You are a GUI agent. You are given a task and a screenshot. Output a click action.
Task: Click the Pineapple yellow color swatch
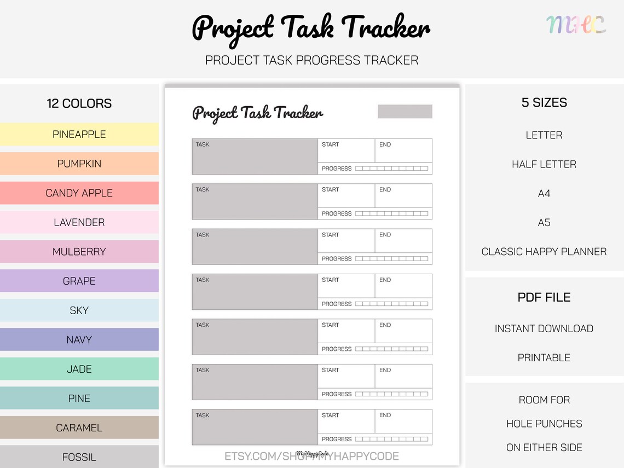click(79, 134)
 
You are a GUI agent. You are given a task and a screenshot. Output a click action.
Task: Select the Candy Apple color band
click(79, 193)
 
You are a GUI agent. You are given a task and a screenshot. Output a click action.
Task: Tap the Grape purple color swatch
click(79, 281)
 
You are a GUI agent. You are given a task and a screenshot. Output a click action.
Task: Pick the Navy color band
click(79, 339)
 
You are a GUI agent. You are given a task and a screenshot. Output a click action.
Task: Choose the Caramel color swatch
click(79, 427)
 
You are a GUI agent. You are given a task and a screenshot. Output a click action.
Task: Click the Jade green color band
click(79, 369)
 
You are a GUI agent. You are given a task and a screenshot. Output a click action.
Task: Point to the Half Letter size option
click(544, 164)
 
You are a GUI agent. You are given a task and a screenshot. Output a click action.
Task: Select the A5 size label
click(544, 223)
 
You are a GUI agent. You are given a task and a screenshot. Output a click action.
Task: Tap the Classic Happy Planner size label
click(544, 252)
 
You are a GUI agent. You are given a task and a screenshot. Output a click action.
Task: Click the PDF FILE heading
click(544, 297)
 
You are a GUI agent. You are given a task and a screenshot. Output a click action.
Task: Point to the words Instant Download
click(544, 328)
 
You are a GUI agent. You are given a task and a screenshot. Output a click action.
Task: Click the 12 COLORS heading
click(79, 103)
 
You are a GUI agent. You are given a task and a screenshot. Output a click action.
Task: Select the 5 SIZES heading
click(544, 102)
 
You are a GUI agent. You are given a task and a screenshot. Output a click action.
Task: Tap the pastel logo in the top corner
click(576, 25)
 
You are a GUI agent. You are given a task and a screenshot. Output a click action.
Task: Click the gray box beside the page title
click(405, 111)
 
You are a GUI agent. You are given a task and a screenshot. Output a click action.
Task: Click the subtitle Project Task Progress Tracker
click(311, 60)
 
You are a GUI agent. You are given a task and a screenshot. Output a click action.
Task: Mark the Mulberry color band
click(79, 252)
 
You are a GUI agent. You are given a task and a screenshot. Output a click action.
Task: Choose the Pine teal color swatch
click(79, 398)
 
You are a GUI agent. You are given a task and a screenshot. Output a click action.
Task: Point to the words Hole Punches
click(544, 424)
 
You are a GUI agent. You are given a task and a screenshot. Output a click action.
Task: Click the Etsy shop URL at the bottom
click(311, 456)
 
